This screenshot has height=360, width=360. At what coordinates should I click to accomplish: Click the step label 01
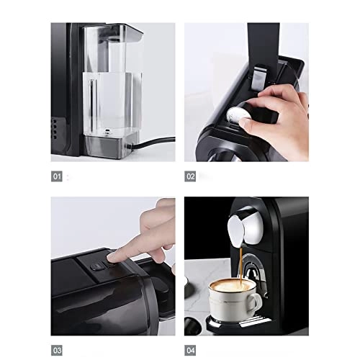pos(57,176)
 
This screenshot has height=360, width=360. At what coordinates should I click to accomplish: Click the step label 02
pos(191,176)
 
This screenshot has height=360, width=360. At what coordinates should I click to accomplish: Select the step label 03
pos(57,350)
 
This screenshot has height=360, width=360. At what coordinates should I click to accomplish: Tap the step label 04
pos(191,350)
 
